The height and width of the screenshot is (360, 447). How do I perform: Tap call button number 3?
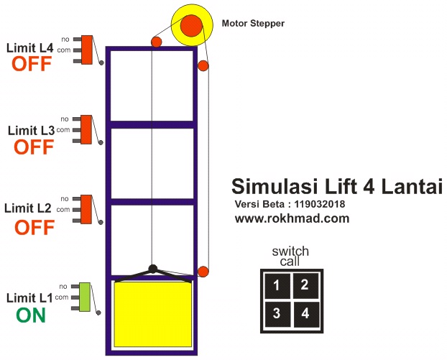(x=277, y=314)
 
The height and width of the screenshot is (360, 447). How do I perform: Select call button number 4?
(x=305, y=313)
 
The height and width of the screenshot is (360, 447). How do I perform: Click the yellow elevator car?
(x=154, y=313)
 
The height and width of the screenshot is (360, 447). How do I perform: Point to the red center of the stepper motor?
(x=191, y=26)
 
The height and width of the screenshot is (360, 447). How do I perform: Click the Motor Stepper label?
(x=253, y=24)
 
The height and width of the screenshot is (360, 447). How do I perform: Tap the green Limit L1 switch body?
(x=86, y=297)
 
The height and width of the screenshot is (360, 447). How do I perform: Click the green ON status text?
(x=30, y=315)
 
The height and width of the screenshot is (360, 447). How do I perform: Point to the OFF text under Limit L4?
(x=32, y=64)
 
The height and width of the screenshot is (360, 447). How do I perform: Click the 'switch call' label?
(x=290, y=256)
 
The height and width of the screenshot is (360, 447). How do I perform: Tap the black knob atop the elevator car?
(x=152, y=269)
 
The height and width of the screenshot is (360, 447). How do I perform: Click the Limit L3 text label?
(x=30, y=131)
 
